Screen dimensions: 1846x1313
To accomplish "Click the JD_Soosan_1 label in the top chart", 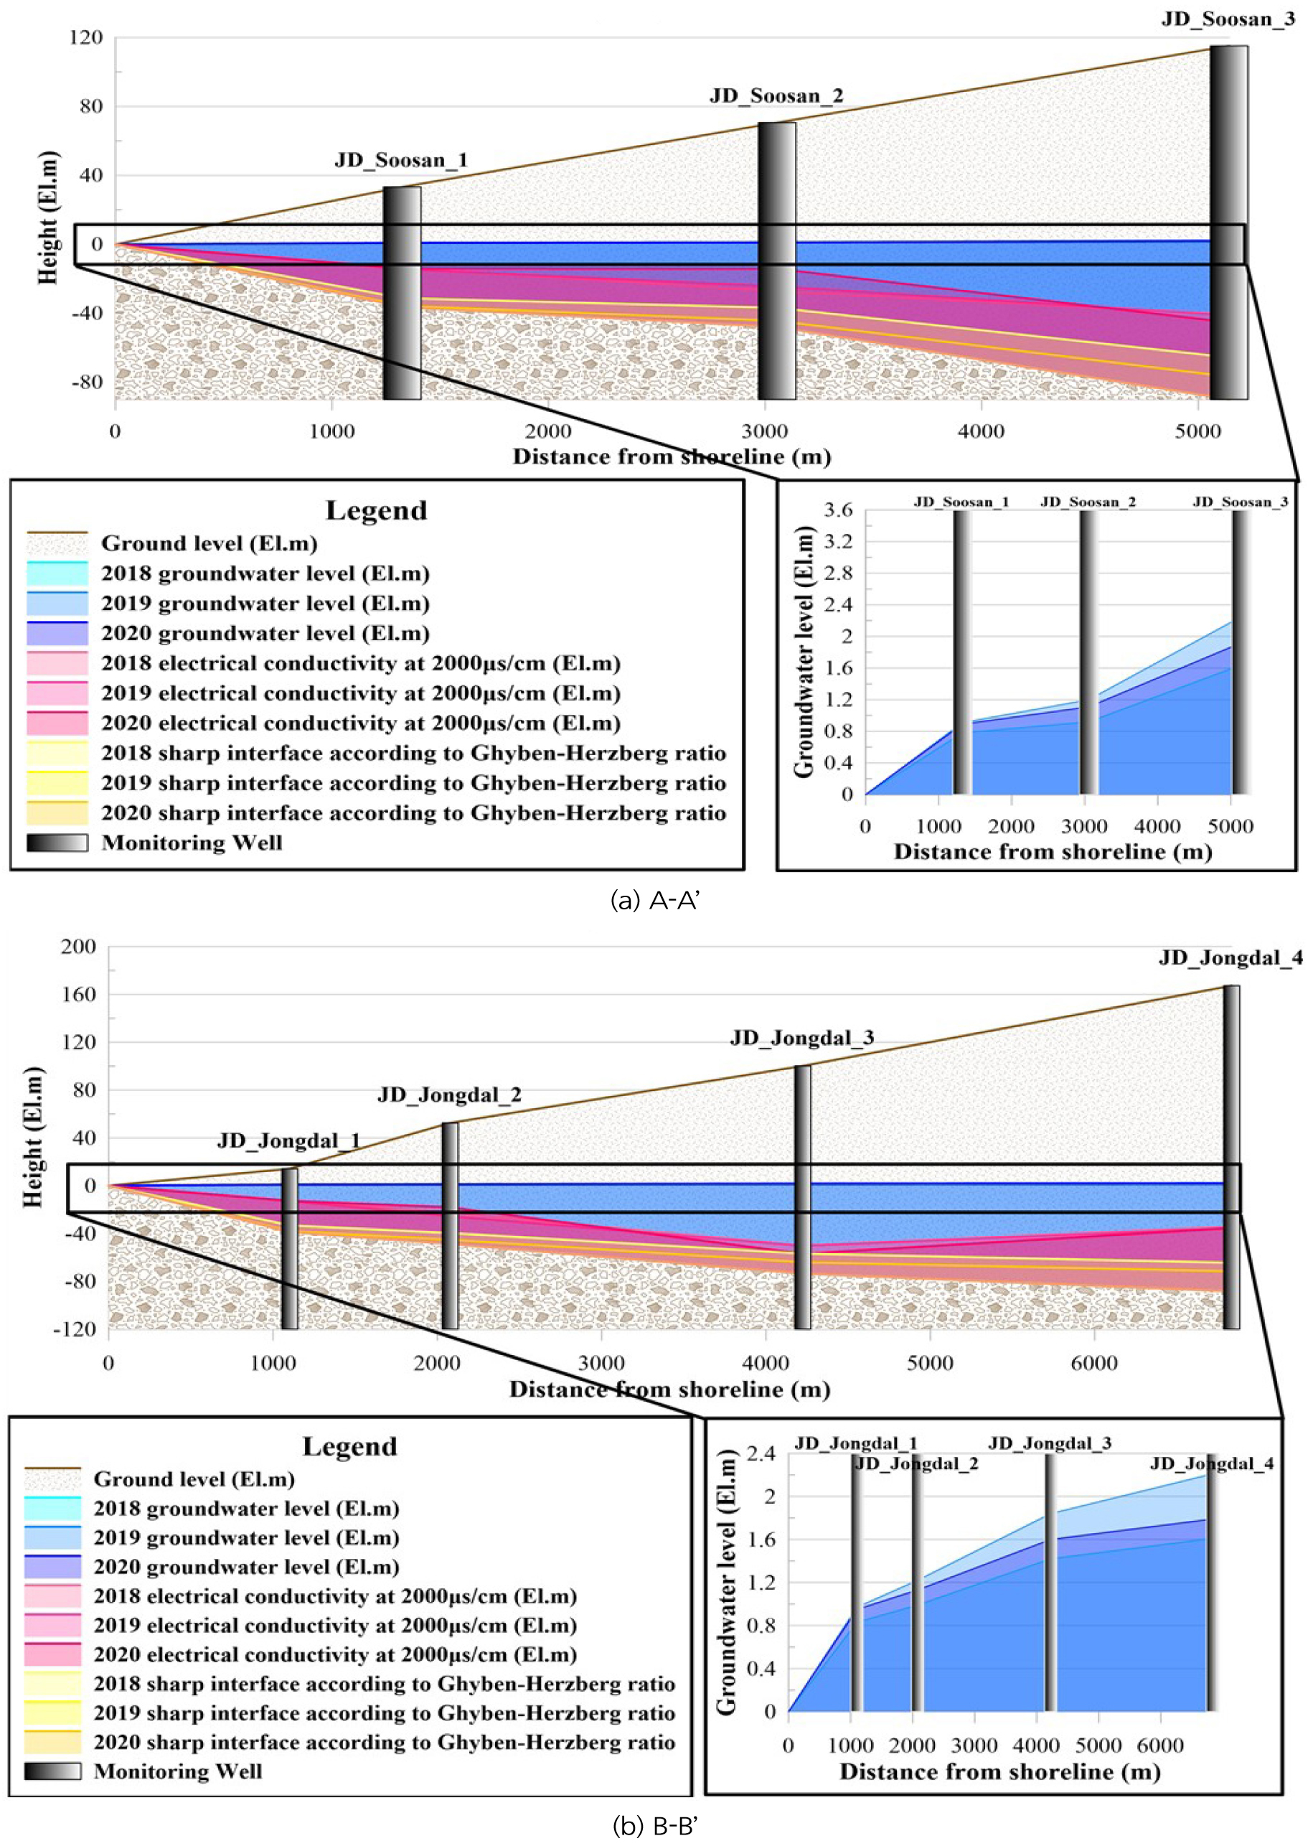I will [401, 160].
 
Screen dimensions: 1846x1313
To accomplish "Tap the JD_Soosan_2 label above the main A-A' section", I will [776, 96].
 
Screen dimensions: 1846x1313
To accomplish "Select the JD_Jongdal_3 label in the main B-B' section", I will [801, 1039].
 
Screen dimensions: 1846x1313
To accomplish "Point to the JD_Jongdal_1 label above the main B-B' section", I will [288, 1141].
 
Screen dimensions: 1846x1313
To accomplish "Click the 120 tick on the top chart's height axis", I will [87, 38].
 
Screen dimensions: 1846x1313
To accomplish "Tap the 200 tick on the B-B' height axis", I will [78, 947].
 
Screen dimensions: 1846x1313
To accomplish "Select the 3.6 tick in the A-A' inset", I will [837, 510].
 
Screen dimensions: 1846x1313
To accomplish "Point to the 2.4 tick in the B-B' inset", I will [760, 1454].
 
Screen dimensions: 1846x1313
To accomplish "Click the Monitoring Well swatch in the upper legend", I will [57, 843].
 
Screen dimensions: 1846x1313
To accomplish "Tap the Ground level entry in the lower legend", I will [194, 1479].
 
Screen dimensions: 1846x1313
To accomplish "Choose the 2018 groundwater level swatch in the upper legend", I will [57, 573].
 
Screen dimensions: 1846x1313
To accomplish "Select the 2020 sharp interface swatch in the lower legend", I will [52, 1742].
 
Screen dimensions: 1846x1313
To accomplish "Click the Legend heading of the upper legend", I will [376, 511].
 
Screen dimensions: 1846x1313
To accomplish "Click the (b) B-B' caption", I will [655, 1826].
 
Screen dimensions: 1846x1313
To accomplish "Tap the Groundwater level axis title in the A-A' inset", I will [804, 652].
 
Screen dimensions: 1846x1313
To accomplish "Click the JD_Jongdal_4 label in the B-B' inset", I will [1211, 1463].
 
